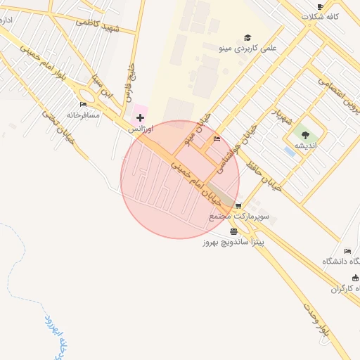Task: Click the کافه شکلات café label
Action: (x=321, y=16)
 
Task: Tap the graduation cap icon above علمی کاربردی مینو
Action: (x=247, y=38)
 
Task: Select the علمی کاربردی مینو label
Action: (x=247, y=49)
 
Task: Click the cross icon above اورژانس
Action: (x=141, y=117)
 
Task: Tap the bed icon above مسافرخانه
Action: (x=84, y=104)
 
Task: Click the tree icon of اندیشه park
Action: (x=305, y=134)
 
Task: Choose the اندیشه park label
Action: (x=305, y=145)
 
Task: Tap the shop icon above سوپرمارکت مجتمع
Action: (x=238, y=206)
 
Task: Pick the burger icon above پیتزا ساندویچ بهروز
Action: (x=233, y=231)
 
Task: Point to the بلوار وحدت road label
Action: (x=317, y=323)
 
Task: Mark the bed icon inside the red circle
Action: (x=217, y=139)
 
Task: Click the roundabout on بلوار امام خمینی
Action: (x=89, y=97)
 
